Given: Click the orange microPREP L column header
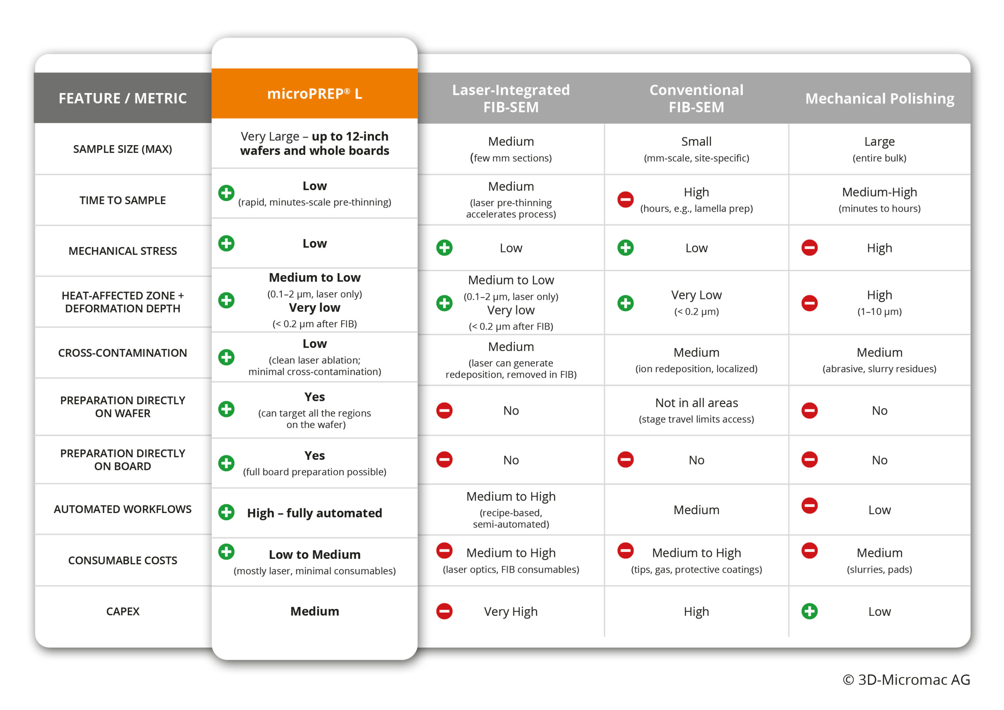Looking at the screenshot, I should tap(315, 94).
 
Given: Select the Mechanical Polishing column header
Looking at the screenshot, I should tap(879, 98).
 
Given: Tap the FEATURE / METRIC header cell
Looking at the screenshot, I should tap(122, 98).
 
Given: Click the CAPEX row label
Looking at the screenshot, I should tap(122, 611).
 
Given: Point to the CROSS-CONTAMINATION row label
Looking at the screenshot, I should tap(122, 353).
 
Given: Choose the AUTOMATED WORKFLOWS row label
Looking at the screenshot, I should tap(122, 509).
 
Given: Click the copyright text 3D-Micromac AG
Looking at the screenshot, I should tap(906, 679).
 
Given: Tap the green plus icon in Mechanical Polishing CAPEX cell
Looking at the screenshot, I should tap(809, 611).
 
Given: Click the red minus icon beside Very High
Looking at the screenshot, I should tap(444, 611).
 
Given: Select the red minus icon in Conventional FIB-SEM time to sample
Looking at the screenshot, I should tap(625, 200).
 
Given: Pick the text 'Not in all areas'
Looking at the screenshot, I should tap(696, 403).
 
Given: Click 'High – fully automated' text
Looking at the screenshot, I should tap(315, 513).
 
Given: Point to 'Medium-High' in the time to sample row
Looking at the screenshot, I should tap(879, 192).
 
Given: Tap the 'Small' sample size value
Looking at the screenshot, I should tap(696, 141).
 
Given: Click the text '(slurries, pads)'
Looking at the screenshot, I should tap(879, 570).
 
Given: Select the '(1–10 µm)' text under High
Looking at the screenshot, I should tap(879, 311).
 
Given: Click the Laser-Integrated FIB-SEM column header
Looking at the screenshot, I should tap(511, 98).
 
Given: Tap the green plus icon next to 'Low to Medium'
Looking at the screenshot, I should tap(226, 552).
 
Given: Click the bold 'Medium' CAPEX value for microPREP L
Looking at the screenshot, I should tap(315, 611).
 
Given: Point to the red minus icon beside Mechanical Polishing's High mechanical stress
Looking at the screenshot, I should tap(809, 248).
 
